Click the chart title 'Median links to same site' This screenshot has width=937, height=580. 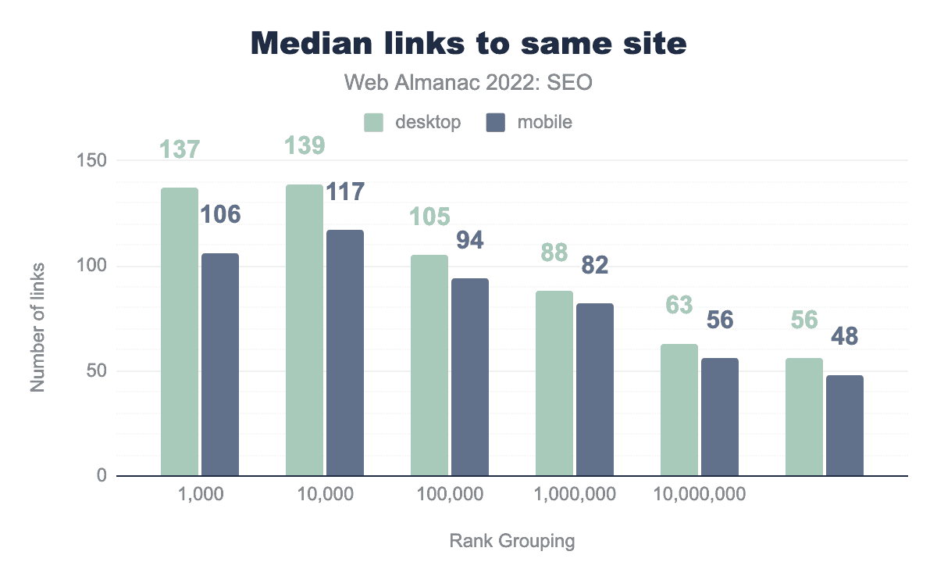(x=468, y=45)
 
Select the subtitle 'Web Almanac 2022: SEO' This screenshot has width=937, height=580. (x=468, y=84)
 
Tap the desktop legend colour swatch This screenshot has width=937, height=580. (x=373, y=123)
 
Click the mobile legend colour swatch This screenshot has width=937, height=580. (x=497, y=123)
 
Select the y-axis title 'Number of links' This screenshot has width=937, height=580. (x=37, y=328)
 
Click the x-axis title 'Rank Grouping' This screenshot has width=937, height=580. (x=511, y=541)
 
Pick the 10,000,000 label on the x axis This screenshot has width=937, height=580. (x=699, y=494)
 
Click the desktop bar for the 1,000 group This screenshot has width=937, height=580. (x=180, y=331)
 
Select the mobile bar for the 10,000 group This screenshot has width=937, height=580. (x=345, y=353)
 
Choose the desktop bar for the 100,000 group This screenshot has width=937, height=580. (x=429, y=365)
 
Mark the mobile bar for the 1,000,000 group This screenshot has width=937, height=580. (x=595, y=389)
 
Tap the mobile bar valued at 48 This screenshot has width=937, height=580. (x=845, y=425)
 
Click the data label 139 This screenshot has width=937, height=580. (x=305, y=146)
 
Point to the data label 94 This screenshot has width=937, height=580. (x=470, y=240)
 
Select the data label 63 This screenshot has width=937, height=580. (x=679, y=305)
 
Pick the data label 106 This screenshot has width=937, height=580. (x=220, y=214)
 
